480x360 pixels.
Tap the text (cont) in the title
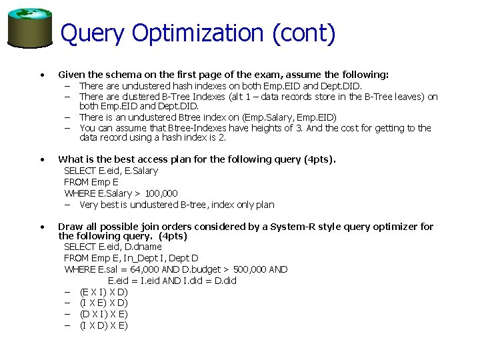pos(303,33)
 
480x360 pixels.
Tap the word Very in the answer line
pos(89,205)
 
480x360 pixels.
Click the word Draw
pos(70,227)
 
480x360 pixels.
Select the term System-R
pos(298,227)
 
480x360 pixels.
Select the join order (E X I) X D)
pos(103,292)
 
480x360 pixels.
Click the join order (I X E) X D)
pos(103,303)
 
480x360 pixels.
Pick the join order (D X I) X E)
pos(103,314)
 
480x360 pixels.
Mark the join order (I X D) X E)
pos(103,325)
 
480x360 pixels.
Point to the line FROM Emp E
pos(91,182)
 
